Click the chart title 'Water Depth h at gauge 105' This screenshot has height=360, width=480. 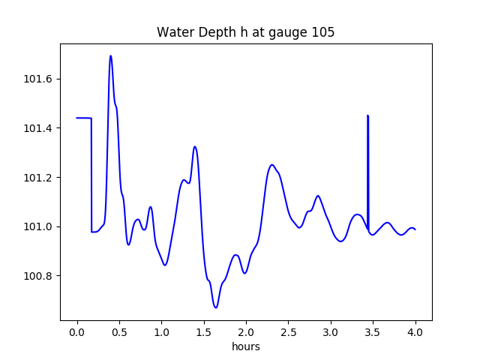coord(245,32)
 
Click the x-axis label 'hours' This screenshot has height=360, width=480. coord(245,347)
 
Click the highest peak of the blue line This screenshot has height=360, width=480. coord(111,56)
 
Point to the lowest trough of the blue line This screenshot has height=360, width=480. coord(216,307)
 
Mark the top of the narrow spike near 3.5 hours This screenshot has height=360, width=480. coord(367,116)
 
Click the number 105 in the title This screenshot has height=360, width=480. coord(324,32)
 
